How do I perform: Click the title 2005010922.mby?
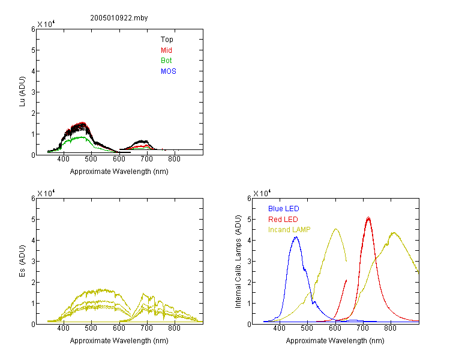tap(119, 18)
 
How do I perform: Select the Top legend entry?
tap(167, 40)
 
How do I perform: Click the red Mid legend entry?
tap(166, 50)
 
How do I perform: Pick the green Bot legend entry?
tap(166, 61)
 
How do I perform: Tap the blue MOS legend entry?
tap(168, 71)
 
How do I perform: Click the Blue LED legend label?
tap(284, 209)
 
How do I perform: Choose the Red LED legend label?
tap(283, 220)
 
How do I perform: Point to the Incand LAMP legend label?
tap(289, 230)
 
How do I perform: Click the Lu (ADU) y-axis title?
tap(22, 92)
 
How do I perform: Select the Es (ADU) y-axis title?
tap(22, 261)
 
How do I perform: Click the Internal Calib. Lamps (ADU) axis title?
tap(238, 262)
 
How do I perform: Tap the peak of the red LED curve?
tap(368, 218)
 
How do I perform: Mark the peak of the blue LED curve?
tap(296, 237)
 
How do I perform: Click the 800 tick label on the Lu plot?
tap(174, 159)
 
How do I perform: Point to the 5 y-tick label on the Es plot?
tap(33, 220)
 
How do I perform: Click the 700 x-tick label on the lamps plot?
tap(362, 328)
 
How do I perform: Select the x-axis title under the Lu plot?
tap(119, 172)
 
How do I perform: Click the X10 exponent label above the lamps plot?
tap(262, 193)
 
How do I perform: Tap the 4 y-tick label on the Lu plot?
tap(33, 71)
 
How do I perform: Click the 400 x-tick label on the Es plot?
tap(64, 328)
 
